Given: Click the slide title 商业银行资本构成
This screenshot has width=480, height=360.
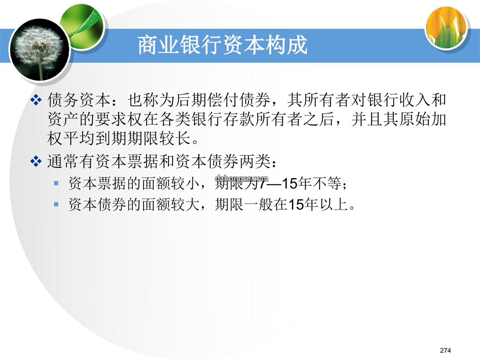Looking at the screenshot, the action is pos(223,45).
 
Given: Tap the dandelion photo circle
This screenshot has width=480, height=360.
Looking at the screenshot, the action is pos(39,50).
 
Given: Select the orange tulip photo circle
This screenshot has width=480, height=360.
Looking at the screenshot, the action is pos(447,27).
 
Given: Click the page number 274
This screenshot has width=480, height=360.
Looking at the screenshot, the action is pos(445,350).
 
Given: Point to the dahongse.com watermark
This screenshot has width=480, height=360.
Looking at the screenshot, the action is pos(241,179).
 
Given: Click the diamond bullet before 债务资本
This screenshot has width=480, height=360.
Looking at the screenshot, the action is pos(36,100).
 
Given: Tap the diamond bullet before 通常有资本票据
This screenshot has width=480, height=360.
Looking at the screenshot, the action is pos(36,161).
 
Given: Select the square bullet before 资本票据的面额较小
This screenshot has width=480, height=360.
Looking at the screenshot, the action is pos(56,184).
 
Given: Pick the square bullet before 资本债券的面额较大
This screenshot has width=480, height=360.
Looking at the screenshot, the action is pos(56,204).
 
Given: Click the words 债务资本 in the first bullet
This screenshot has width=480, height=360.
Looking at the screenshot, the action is pos(79,100).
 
